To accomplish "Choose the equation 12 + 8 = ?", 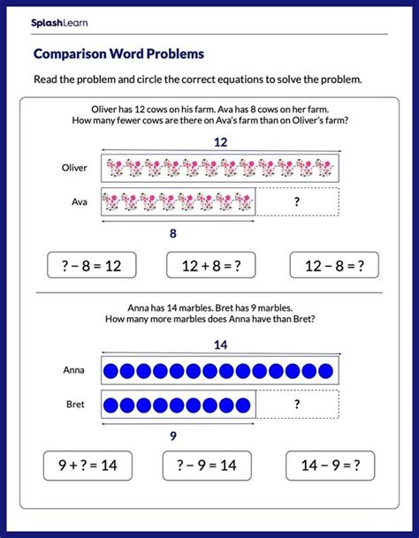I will pos(209,263).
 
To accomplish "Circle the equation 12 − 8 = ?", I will pos(333,263).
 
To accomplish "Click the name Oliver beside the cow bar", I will pos(75,167).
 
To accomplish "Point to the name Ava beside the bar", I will pos(80,201).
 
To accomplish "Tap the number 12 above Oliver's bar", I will pos(219,141).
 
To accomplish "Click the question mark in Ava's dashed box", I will pos(296,201).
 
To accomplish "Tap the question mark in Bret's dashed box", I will pos(296,405).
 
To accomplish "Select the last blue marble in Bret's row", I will pos(245,405).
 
